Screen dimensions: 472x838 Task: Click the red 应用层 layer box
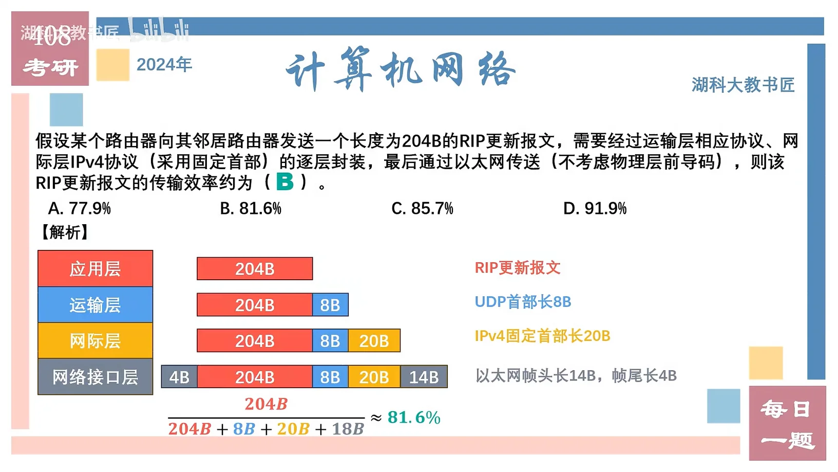95,268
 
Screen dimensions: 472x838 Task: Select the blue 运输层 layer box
95,305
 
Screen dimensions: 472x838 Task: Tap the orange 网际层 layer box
95,341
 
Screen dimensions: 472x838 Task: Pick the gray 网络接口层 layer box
95,377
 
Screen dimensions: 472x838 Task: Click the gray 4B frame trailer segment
179,377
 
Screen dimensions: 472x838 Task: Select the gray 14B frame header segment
424,377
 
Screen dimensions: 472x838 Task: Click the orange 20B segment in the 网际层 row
374,341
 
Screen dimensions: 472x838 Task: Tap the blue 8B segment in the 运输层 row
330,305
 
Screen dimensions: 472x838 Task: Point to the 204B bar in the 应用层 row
255,268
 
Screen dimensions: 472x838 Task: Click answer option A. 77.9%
80,208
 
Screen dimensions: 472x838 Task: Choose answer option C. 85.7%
422,208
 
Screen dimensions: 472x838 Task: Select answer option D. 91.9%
595,208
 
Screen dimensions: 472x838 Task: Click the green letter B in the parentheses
285,181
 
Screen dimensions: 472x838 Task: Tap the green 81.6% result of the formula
414,417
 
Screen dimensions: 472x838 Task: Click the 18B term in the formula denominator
348,429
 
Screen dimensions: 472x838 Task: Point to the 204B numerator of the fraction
265,404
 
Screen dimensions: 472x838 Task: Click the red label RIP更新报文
517,268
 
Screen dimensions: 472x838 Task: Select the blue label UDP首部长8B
523,302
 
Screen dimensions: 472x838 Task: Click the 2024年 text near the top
164,65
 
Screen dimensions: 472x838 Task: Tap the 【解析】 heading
65,232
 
